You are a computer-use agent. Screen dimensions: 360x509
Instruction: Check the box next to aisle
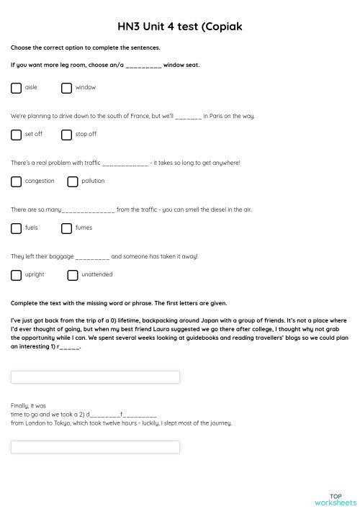pos(16,88)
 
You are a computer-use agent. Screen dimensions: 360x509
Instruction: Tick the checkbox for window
pos(66,88)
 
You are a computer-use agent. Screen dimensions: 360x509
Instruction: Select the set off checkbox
pos(16,135)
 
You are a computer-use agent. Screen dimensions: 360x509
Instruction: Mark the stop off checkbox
pos(66,135)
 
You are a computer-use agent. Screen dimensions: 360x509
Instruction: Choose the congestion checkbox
pos(16,181)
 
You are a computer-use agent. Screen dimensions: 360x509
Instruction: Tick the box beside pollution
pos(73,181)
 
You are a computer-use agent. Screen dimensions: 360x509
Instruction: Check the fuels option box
pos(16,228)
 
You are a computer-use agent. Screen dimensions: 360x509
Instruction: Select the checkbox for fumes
pos(66,228)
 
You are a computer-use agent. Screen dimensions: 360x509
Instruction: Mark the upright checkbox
pos(16,275)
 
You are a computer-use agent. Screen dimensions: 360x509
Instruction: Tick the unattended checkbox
pos(73,275)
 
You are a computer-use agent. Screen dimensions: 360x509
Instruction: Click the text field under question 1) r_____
pos(95,377)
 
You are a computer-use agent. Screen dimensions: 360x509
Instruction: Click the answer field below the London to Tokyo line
pos(95,447)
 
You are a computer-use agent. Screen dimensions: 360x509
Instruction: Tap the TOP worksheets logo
pos(335,500)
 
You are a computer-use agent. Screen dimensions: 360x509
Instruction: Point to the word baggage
pos(60,256)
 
